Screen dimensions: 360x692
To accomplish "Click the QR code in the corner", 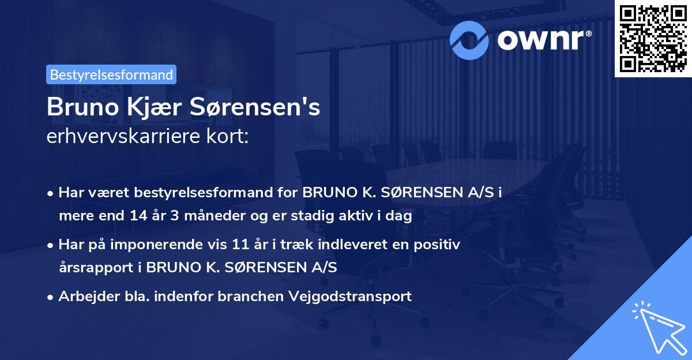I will click(x=653, y=38).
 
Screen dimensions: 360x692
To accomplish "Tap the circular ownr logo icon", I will click(x=469, y=39).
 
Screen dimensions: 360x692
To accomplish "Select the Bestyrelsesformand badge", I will click(x=111, y=74).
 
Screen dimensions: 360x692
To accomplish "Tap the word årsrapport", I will click(x=100, y=268).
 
